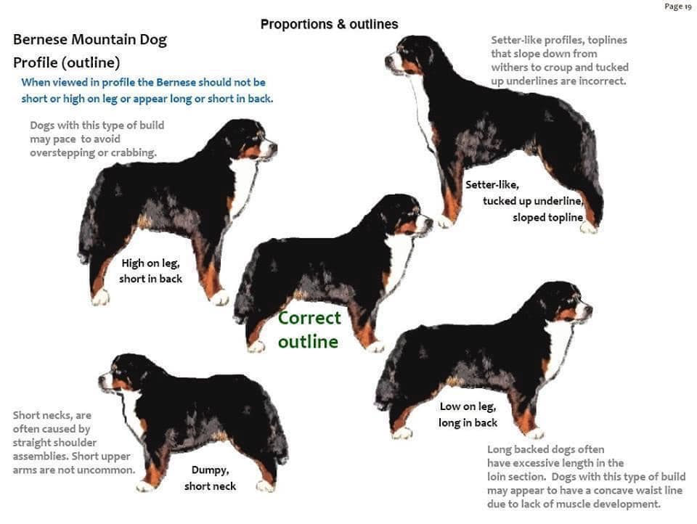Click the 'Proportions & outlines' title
[x=329, y=24]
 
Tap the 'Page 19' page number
[x=678, y=7]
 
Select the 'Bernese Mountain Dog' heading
[x=90, y=40]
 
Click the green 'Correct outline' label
[x=309, y=329]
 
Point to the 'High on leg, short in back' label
[x=151, y=271]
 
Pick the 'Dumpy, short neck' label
[x=210, y=478]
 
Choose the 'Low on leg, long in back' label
[x=468, y=414]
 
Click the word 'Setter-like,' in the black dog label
[x=492, y=184]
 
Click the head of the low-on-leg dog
[x=567, y=301]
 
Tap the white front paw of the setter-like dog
[x=444, y=221]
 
